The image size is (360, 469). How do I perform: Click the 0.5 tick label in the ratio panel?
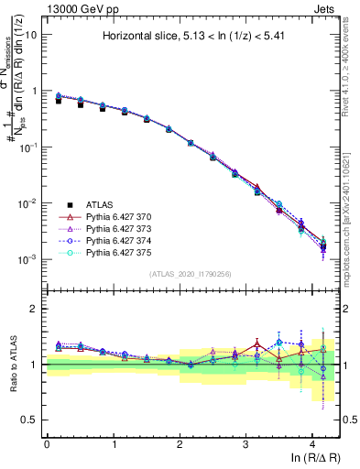coord(31,420)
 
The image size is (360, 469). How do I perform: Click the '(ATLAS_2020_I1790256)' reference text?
coord(191,274)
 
